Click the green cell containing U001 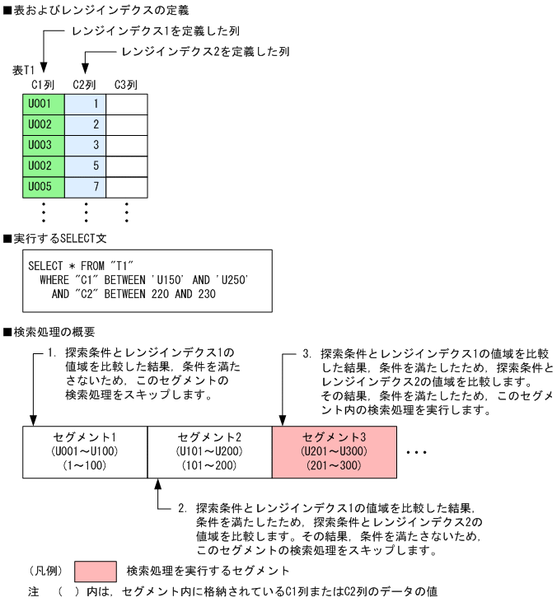(42, 104)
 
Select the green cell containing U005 (42, 186)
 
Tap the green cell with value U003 (42, 145)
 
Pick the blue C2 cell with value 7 (85, 186)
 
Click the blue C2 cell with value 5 (85, 166)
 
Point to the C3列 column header (126, 85)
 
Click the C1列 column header (42, 85)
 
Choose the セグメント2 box (209, 451)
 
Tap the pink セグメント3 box (334, 451)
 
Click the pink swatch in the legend (95, 572)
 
